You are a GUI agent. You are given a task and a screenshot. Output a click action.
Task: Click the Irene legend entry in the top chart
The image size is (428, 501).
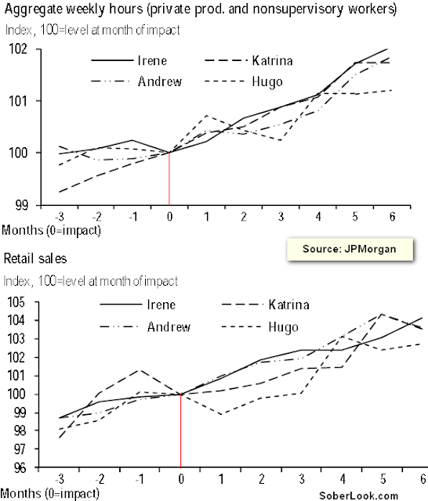click(x=129, y=60)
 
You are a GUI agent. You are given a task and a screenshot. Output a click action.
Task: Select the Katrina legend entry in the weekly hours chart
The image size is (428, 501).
click(x=248, y=60)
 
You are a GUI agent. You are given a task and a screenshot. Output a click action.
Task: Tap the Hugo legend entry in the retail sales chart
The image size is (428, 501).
click(x=259, y=327)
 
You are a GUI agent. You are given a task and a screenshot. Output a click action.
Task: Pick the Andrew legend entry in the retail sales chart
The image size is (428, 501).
click(x=145, y=327)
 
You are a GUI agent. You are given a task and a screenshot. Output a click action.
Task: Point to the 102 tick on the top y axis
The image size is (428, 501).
click(x=18, y=49)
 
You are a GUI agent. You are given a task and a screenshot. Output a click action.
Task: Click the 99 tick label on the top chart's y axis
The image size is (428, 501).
click(x=22, y=205)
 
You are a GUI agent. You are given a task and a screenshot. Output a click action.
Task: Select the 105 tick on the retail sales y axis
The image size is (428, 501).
click(x=16, y=302)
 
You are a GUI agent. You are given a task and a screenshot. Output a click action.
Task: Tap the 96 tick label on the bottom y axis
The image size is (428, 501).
click(x=19, y=468)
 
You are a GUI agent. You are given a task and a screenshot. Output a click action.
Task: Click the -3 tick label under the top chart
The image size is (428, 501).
click(x=60, y=217)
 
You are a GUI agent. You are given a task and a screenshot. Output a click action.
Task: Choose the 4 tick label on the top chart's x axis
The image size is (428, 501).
click(x=318, y=217)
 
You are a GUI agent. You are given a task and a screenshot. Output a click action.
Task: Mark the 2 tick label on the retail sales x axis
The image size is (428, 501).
click(x=262, y=479)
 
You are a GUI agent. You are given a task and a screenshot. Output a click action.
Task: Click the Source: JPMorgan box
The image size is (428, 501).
click(x=350, y=249)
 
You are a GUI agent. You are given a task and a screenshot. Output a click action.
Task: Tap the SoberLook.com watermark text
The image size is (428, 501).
click(x=358, y=496)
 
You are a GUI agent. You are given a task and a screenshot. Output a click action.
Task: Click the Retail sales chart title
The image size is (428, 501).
click(x=35, y=258)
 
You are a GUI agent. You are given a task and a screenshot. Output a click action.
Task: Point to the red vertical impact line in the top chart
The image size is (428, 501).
click(x=169, y=178)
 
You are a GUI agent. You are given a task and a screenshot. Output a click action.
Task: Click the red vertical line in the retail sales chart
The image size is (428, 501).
click(x=181, y=431)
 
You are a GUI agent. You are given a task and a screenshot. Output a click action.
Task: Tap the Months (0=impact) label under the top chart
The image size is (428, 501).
click(x=51, y=230)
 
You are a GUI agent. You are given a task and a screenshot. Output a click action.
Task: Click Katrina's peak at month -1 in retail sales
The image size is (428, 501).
click(x=140, y=370)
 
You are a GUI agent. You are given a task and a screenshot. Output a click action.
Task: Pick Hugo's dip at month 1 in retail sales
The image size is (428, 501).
click(x=221, y=414)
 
